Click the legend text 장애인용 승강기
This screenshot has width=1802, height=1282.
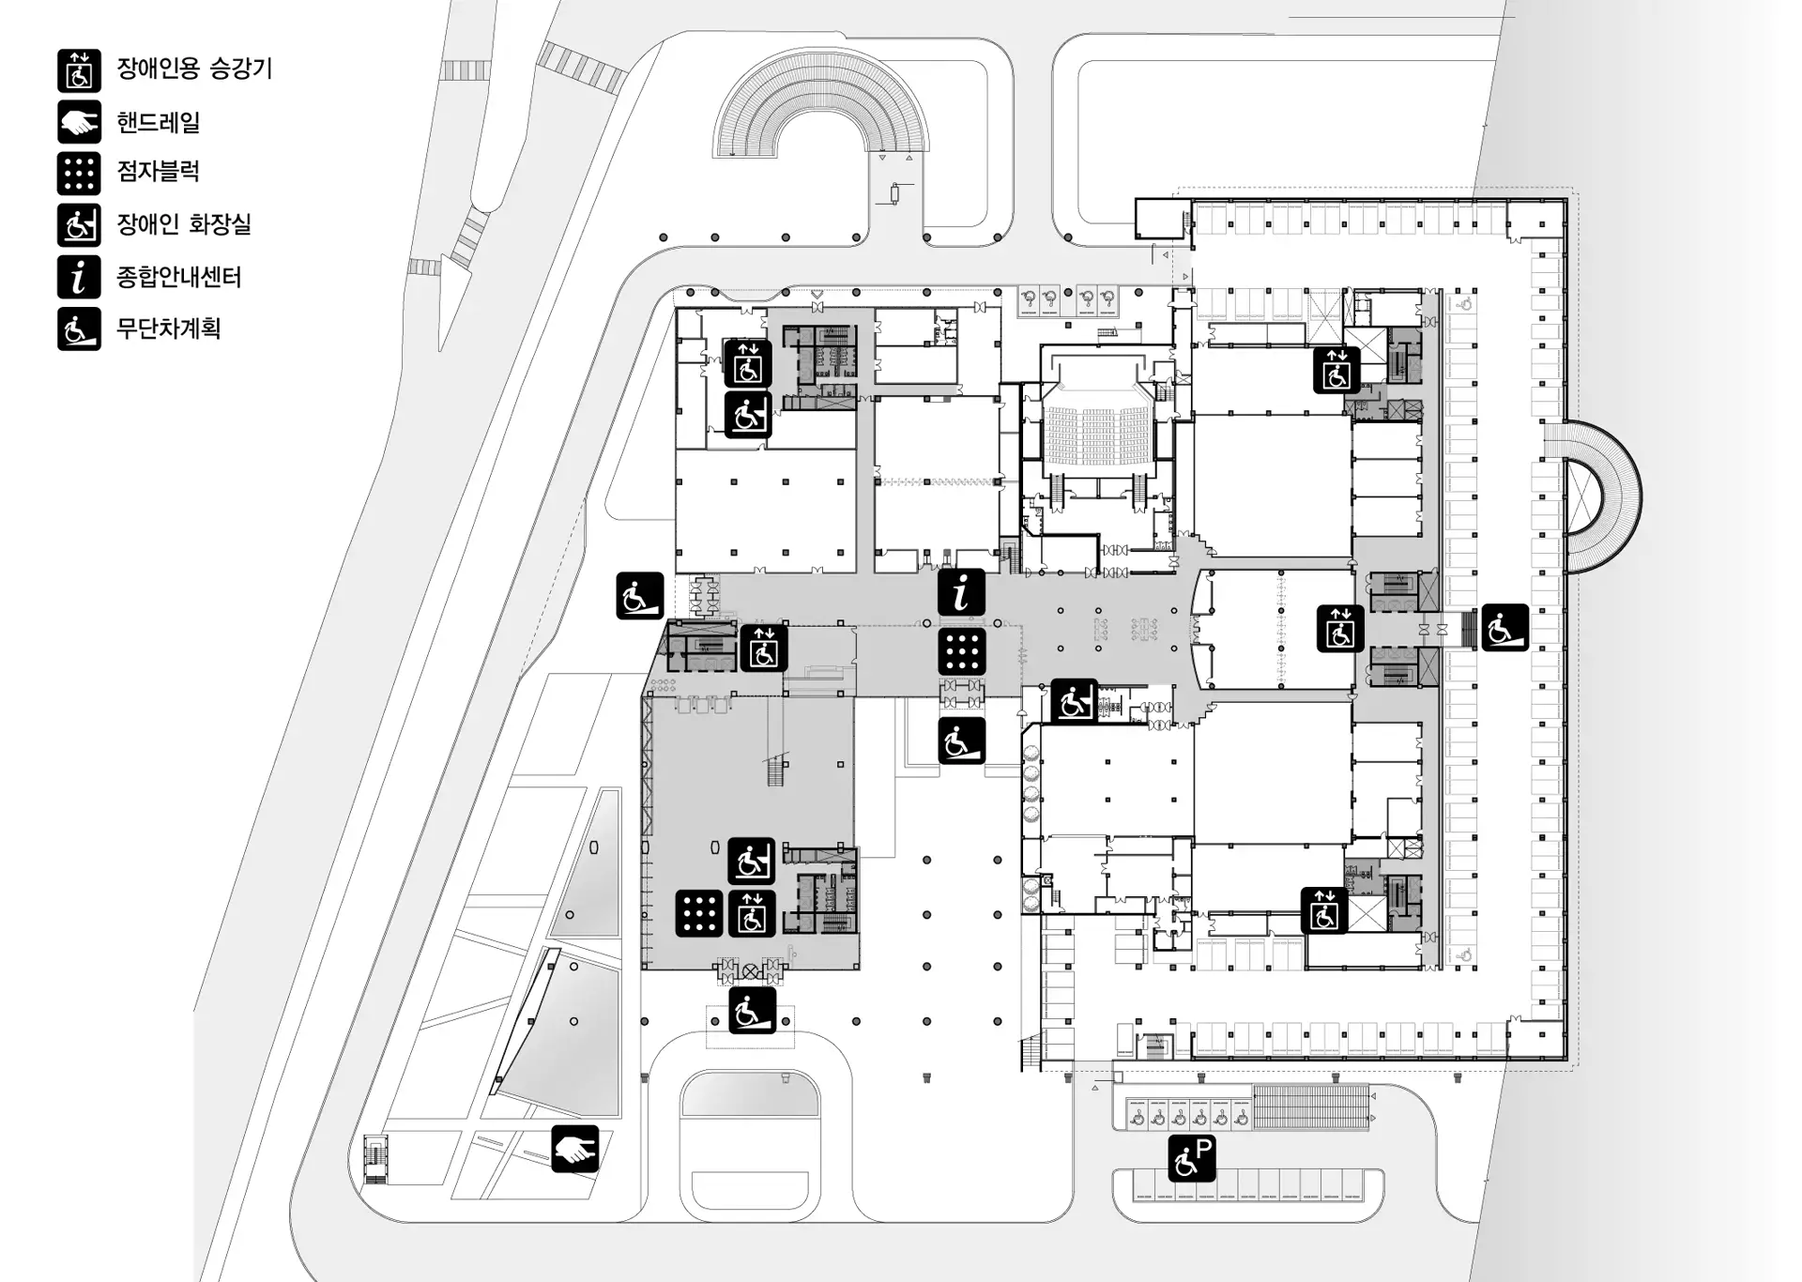193,69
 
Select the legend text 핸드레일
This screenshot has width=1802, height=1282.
158,122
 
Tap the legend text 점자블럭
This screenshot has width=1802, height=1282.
158,172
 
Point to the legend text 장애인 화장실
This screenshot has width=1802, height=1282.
183,224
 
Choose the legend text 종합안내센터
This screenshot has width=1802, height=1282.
178,277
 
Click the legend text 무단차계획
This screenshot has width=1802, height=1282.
168,328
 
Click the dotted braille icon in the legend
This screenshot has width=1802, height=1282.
79,173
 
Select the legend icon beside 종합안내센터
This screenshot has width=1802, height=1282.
79,277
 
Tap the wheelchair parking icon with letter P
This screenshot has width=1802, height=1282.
1192,1158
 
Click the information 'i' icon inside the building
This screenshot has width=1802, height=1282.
961,593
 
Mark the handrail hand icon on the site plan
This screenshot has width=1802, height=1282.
574,1149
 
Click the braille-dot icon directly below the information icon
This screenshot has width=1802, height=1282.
961,651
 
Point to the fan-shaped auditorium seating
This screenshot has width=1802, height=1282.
1099,433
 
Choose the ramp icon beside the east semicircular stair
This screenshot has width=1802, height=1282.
1504,628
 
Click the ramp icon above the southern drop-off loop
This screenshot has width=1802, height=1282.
752,1011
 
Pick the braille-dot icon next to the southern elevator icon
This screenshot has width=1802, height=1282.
699,913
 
